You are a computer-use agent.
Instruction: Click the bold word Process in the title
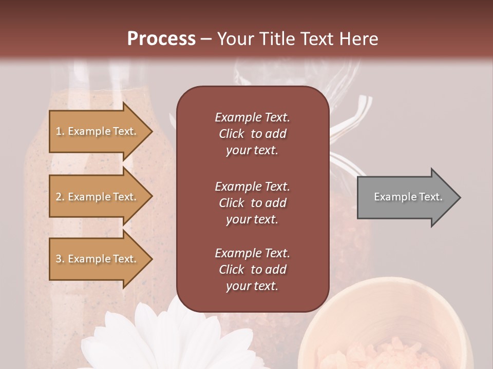(161, 38)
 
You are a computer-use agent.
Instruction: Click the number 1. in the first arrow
(60, 131)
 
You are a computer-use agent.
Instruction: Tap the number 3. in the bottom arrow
(60, 259)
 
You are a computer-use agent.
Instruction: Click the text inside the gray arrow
(408, 197)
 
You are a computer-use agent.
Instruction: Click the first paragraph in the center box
(252, 134)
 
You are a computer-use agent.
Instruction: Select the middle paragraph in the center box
(252, 202)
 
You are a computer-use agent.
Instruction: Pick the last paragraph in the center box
(252, 270)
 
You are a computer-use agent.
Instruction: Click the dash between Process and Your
(206, 39)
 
